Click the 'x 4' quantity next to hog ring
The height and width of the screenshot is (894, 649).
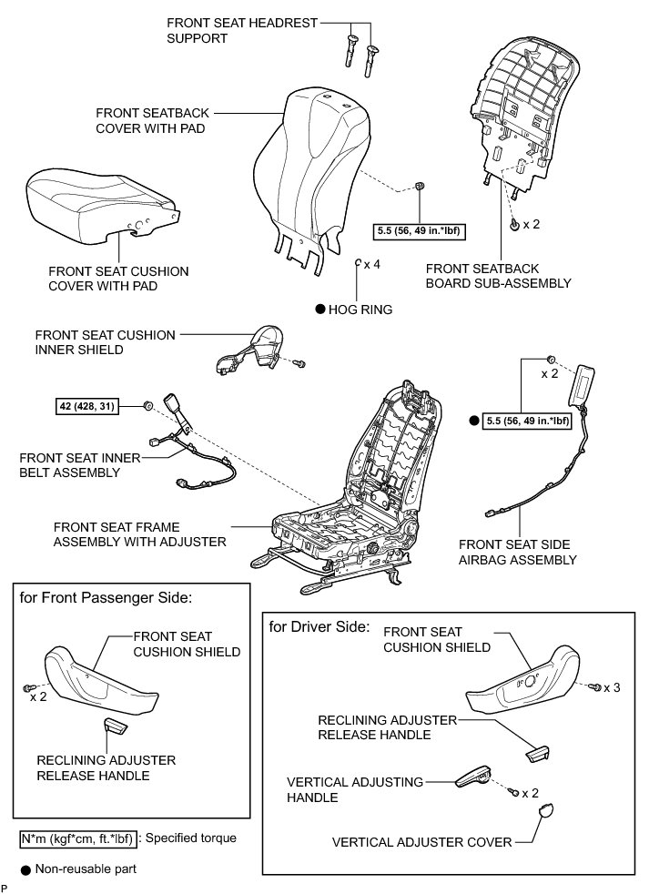[x=372, y=264]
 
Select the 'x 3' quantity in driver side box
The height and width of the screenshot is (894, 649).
[x=612, y=687]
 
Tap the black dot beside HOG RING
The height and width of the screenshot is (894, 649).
[x=320, y=310]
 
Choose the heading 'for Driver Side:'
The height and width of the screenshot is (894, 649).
[x=319, y=626]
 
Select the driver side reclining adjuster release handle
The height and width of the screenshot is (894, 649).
[x=538, y=751]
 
